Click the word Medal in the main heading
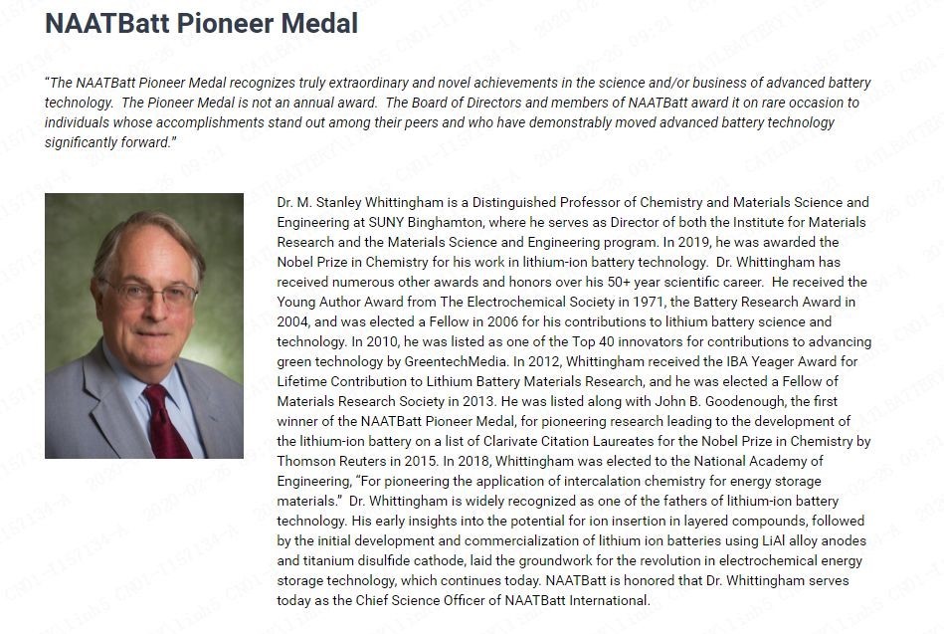320,24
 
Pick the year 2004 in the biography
294,321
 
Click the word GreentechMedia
453,361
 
